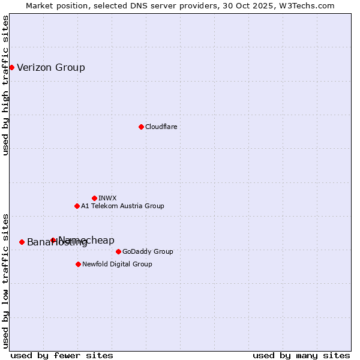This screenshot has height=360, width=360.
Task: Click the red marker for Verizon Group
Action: pyautogui.click(x=11, y=67)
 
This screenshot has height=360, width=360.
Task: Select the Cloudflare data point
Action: pyautogui.click(x=141, y=127)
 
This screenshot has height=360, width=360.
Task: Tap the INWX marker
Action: pyautogui.click(x=94, y=198)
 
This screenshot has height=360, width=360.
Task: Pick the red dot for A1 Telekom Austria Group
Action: pyautogui.click(x=77, y=206)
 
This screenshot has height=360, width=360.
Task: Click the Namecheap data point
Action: pyautogui.click(x=53, y=240)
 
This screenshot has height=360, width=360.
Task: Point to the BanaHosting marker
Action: pyautogui.click(x=22, y=242)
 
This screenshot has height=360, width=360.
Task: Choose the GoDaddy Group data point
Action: pyautogui.click(x=118, y=251)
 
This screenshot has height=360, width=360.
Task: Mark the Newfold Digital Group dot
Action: pyautogui.click(x=78, y=264)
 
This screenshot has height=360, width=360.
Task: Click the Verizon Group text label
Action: pyautogui.click(x=51, y=67)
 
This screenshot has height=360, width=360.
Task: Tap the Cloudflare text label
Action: pyautogui.click(x=161, y=127)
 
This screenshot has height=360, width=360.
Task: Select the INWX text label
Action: pyautogui.click(x=107, y=198)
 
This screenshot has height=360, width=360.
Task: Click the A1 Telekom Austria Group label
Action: pyautogui.click(x=122, y=206)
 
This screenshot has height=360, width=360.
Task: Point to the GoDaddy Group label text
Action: pyautogui.click(x=148, y=251)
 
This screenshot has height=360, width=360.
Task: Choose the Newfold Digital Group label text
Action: pyautogui.click(x=117, y=264)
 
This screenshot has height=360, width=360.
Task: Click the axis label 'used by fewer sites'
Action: pyautogui.click(x=62, y=355)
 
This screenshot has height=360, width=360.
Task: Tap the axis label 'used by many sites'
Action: pyautogui.click(x=301, y=355)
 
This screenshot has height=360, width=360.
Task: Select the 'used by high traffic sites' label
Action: pyautogui.click(x=6, y=85)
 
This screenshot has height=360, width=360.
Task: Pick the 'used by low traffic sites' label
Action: pyautogui.click(x=6, y=280)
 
